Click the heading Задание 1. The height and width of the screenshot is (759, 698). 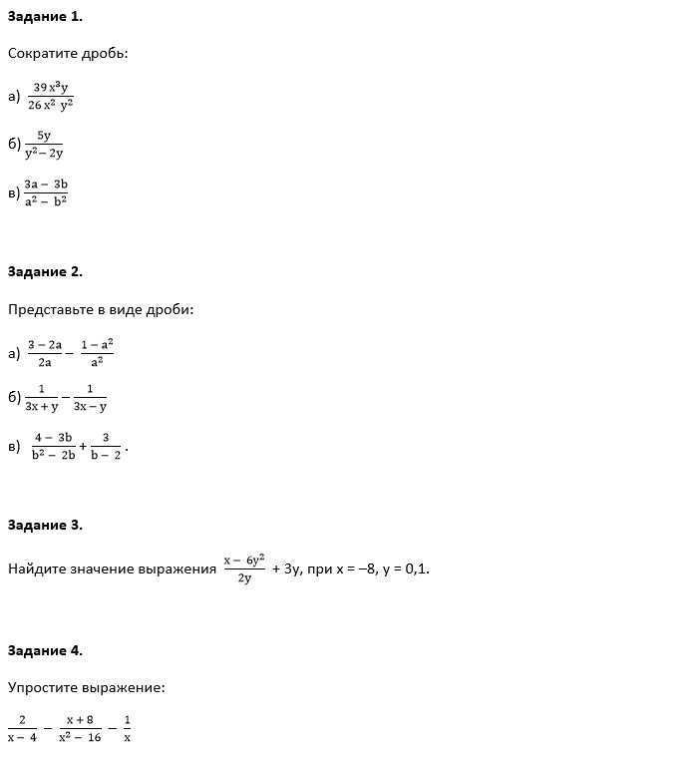(x=45, y=16)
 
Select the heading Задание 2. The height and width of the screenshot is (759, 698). (x=45, y=271)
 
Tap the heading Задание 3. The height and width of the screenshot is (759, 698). (x=45, y=525)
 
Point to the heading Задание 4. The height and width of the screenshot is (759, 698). (x=45, y=650)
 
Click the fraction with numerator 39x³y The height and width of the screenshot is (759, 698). (x=51, y=96)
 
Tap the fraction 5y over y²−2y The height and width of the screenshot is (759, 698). (x=44, y=144)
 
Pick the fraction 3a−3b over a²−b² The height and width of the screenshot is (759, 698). (x=46, y=191)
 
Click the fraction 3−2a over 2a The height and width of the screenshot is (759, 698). (x=45, y=353)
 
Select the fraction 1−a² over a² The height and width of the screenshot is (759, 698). (x=97, y=353)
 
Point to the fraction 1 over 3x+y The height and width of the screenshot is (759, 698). (x=42, y=397)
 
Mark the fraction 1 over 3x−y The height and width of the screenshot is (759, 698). (x=90, y=397)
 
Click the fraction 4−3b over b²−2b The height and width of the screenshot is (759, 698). (x=53, y=446)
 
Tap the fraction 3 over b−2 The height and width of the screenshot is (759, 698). (x=105, y=446)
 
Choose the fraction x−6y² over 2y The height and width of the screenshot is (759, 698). (x=244, y=569)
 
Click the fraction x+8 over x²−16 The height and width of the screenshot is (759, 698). (x=80, y=728)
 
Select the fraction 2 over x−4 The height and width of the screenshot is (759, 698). (x=22, y=728)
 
